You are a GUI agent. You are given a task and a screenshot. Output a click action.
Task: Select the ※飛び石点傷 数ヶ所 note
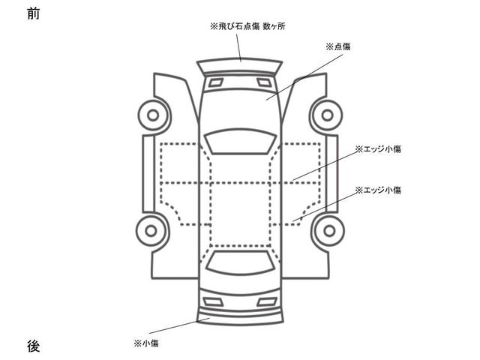click(x=247, y=26)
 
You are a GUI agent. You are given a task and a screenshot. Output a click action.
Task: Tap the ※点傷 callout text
click(x=337, y=46)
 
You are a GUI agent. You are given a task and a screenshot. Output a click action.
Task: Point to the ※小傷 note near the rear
click(x=145, y=343)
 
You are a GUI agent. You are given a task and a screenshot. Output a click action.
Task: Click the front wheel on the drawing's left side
click(x=154, y=116)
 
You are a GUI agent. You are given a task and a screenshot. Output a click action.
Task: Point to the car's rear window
click(x=240, y=262)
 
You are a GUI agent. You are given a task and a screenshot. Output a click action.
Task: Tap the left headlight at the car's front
click(x=214, y=81)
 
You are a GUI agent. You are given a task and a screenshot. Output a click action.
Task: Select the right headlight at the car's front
click(x=265, y=81)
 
